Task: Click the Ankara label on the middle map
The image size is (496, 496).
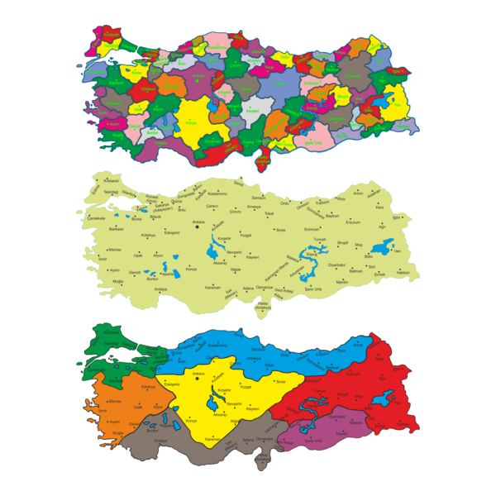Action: [198, 222]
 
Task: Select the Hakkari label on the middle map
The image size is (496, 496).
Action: [403, 272]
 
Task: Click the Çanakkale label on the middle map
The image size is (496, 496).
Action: [98, 218]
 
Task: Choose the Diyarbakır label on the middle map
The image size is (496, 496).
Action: [336, 265]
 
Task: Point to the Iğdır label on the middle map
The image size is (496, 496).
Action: [397, 217]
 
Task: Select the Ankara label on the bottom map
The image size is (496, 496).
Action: [198, 374]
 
